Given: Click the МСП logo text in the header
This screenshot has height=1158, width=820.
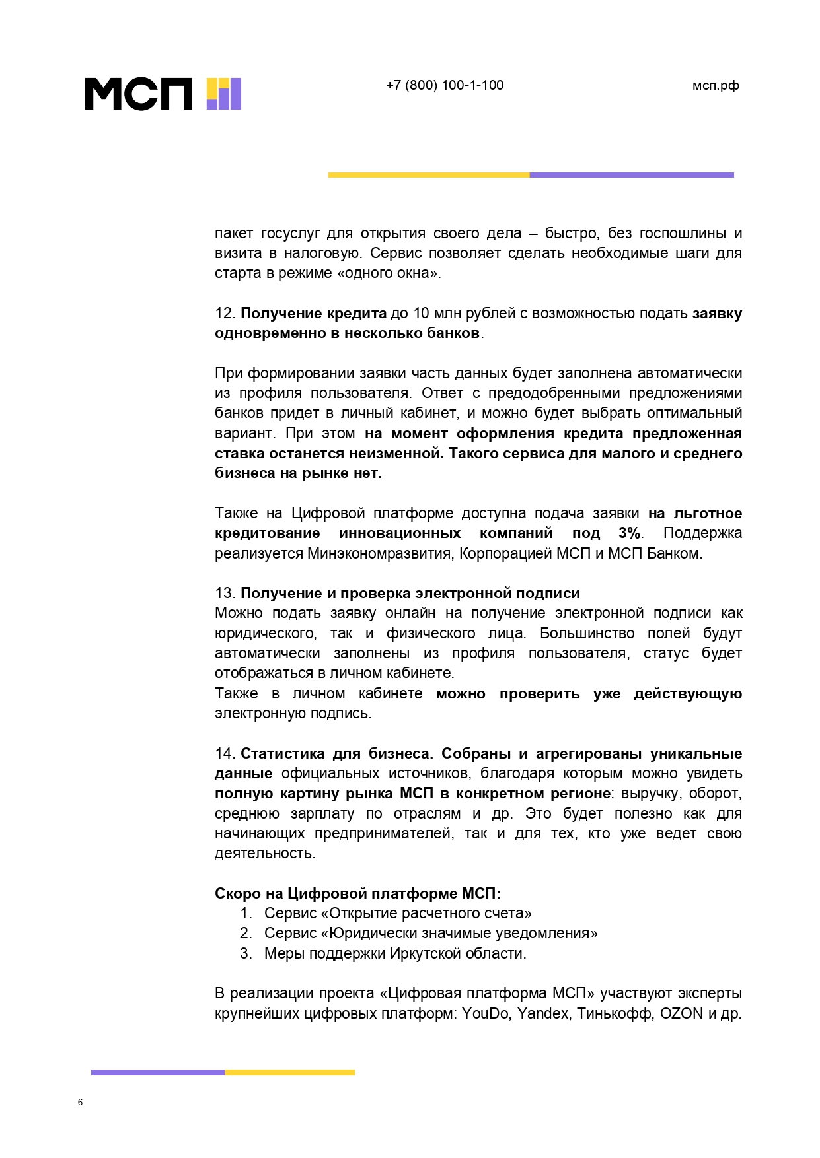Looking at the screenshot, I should tap(139, 94).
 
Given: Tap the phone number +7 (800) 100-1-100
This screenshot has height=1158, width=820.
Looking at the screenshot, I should tap(445, 85).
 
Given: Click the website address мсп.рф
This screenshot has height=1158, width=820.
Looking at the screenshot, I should tap(716, 86).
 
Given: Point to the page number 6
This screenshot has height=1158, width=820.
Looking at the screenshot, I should tap(81, 1102).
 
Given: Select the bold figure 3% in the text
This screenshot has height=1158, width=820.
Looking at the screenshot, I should tap(629, 533).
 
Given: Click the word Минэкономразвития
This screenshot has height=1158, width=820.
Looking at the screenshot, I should tap(379, 553).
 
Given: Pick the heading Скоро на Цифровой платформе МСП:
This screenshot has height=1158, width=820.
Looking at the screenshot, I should tap(357, 894).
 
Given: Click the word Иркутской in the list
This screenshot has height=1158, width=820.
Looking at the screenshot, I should tap(420, 954).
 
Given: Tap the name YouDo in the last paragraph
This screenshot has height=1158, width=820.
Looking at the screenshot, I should tap(485, 1013).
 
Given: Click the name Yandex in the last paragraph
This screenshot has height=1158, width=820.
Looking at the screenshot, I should tap(542, 1013).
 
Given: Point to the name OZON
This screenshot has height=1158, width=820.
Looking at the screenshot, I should tap(681, 1013).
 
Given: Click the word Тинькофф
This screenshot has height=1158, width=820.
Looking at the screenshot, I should tap(615, 1013).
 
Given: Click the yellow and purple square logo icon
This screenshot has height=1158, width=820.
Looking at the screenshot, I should tap(224, 94).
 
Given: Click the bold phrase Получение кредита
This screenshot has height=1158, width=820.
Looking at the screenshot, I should tap(313, 314).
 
